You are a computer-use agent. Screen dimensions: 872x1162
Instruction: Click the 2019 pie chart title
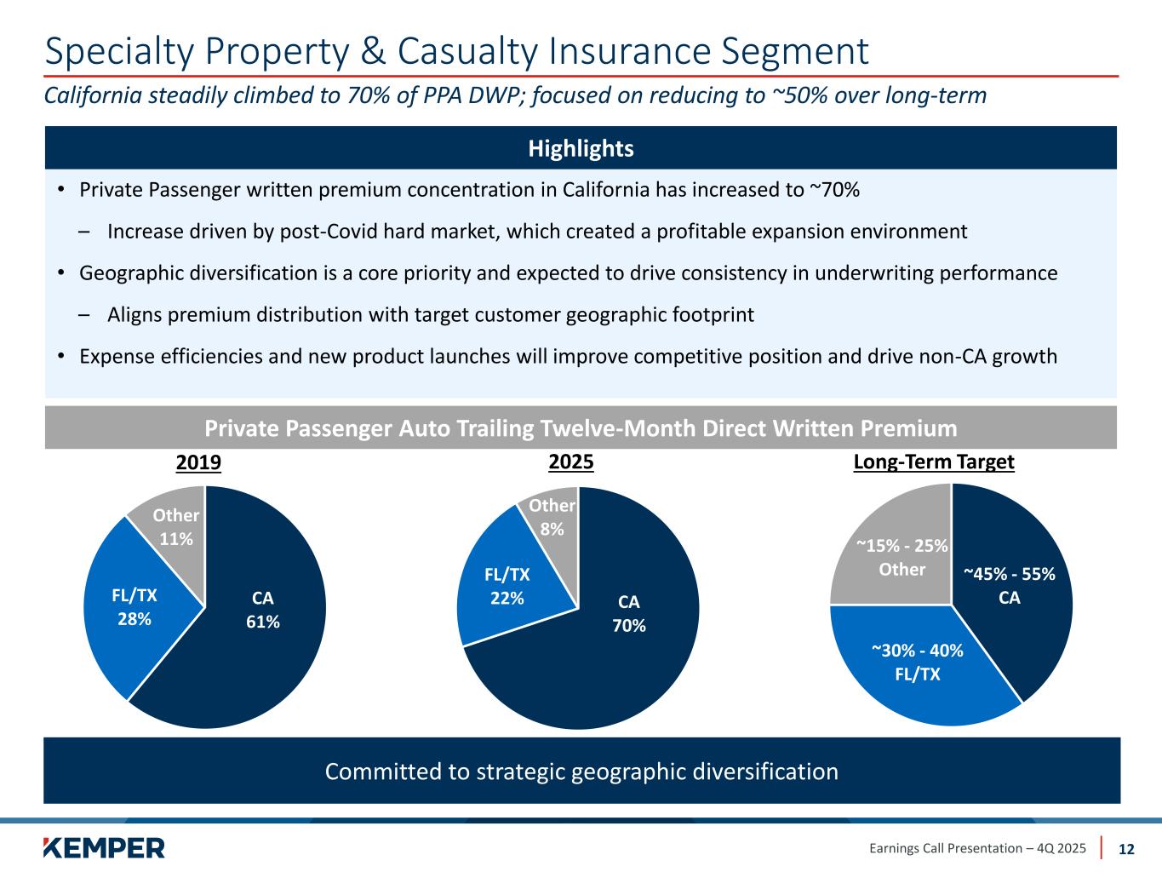[x=198, y=462]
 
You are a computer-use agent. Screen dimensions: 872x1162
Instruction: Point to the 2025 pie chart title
[x=571, y=462]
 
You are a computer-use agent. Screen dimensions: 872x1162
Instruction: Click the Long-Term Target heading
[x=933, y=462]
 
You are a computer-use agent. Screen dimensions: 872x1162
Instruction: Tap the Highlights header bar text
[x=581, y=149]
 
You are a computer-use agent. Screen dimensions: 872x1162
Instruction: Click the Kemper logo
[x=104, y=848]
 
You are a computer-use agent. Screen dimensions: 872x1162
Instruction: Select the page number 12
[x=1126, y=849]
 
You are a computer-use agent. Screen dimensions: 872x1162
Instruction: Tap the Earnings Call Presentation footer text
[x=977, y=848]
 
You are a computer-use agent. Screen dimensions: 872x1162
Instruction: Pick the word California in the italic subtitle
[x=93, y=95]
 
